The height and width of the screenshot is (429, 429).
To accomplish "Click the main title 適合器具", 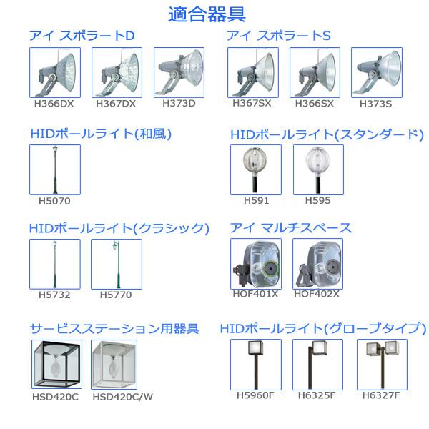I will (214, 14).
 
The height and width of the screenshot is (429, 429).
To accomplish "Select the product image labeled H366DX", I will (55, 72).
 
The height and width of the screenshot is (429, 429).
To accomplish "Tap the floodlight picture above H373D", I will (179, 72).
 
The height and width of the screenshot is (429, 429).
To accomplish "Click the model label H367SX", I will (252, 103).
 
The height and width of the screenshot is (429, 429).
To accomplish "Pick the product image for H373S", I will (376, 72).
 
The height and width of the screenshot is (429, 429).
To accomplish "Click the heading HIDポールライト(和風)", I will (101, 134).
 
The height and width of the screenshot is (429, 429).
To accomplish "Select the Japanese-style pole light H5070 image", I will (55, 169).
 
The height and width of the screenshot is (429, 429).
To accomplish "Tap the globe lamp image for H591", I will (255, 169).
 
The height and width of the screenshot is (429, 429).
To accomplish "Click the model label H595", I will (317, 200).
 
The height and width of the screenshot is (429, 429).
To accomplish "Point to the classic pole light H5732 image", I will (55, 264).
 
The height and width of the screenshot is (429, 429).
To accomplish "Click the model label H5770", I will (116, 295).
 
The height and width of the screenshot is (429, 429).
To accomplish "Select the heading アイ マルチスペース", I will (291, 228).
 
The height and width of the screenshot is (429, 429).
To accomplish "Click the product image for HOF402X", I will (317, 264).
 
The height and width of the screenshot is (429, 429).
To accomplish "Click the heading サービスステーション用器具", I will (114, 328).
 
